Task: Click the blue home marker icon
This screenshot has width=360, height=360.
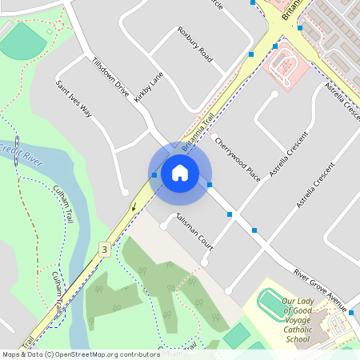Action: click(180, 172)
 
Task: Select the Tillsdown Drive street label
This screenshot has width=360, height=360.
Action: click(110, 78)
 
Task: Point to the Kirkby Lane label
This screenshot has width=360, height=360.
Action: click(149, 87)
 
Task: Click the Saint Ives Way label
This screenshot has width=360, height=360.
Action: click(74, 99)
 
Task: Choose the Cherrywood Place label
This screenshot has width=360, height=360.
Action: click(238, 158)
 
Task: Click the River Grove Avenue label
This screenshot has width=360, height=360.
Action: click(318, 286)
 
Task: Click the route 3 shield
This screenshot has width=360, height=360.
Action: click(103, 250)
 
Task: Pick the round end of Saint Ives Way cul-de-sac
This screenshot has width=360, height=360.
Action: click(124, 192)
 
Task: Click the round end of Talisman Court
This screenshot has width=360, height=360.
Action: click(164, 226)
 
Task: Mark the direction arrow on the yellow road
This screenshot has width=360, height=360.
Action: click(134, 206)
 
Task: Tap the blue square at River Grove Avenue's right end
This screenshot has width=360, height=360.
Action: click(351, 311)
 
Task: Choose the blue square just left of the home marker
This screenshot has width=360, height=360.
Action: click(154, 174)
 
